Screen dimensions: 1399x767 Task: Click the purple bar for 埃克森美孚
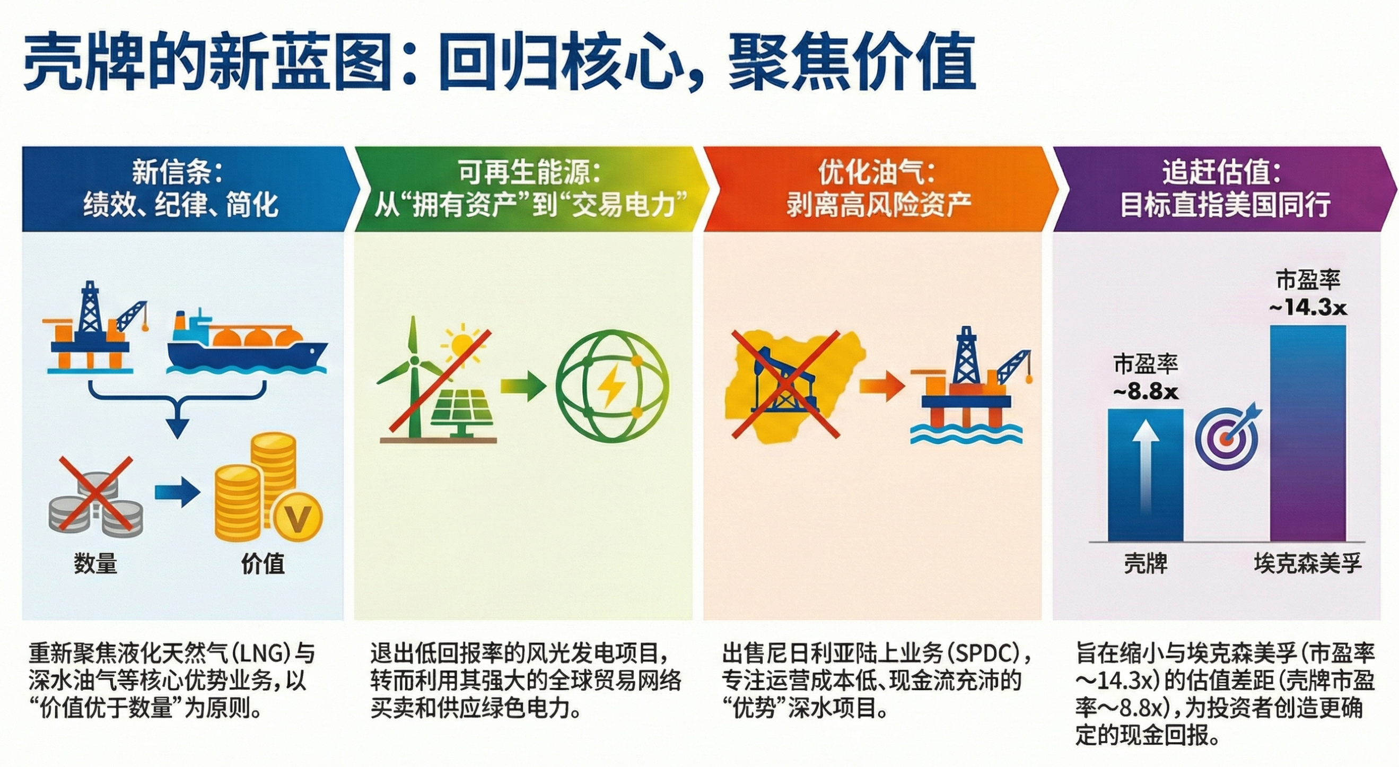pos(1308,433)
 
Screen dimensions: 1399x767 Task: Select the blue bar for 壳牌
pos(1146,475)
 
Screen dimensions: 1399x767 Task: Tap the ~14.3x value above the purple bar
pos(1308,308)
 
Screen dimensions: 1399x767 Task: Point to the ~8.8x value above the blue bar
pos(1146,391)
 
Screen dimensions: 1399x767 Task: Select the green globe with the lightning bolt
pos(613,387)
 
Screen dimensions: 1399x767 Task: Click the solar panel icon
pos(461,413)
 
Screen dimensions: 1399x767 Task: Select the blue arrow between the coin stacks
pos(178,492)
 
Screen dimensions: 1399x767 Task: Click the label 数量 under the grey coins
pos(95,563)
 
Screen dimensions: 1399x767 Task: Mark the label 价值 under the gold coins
pos(263,563)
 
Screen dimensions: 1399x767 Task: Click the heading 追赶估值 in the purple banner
pos(1218,173)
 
